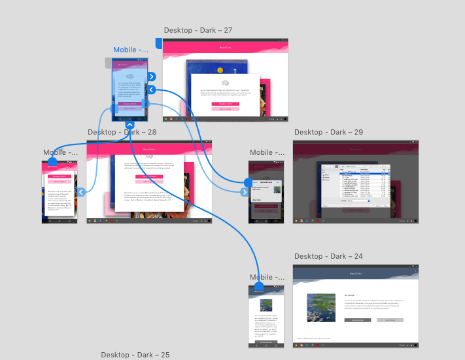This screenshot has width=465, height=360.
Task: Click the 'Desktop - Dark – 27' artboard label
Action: click(x=198, y=30)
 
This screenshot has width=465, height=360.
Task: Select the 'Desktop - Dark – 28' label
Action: click(x=122, y=132)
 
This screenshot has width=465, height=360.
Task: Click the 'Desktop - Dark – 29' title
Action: click(x=328, y=132)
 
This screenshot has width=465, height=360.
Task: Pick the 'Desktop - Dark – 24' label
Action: click(x=328, y=256)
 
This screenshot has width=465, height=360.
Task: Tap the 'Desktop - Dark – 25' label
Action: click(x=135, y=355)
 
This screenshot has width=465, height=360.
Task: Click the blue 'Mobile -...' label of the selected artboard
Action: click(x=133, y=50)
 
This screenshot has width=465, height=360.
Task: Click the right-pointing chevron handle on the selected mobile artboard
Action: click(x=151, y=76)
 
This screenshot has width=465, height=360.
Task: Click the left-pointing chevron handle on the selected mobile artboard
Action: click(x=151, y=90)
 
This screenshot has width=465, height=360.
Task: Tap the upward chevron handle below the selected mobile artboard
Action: click(x=130, y=125)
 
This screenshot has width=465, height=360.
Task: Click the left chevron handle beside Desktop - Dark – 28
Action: click(x=81, y=191)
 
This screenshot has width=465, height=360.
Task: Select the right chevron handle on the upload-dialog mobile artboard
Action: click(x=245, y=191)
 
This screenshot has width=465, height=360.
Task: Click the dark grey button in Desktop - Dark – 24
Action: click(x=357, y=320)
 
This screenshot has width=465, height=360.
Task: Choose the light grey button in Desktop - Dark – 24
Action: click(x=390, y=320)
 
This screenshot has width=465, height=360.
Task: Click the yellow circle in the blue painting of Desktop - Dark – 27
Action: click(x=219, y=69)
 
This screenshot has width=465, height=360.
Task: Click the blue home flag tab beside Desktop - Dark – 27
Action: click(x=158, y=43)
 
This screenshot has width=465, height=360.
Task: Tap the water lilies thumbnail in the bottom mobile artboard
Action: click(x=266, y=305)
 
